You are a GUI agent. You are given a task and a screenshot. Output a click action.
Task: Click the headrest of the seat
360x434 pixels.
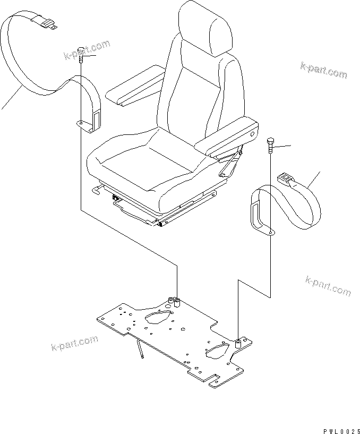pos(205,27)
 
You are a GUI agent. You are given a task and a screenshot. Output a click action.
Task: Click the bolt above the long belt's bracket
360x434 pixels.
pos(81,54)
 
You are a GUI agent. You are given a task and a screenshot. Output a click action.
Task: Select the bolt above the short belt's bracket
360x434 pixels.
pos(271,146)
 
